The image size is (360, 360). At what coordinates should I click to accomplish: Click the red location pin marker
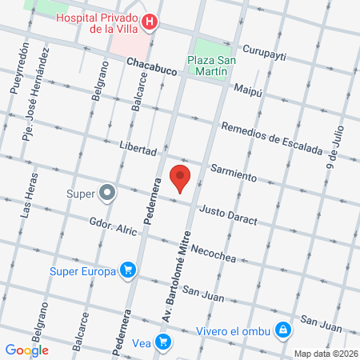(180, 178)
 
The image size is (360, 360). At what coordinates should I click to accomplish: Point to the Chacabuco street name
(151, 71)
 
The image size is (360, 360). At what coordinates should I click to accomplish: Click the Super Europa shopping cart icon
(126, 271)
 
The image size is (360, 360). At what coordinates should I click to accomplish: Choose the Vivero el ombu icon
(282, 330)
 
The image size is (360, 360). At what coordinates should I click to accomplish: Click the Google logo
(26, 350)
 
